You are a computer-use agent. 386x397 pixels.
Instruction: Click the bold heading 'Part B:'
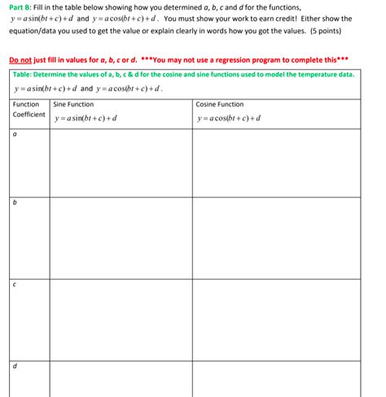pos(20,7)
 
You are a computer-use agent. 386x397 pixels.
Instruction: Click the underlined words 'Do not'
pos(20,60)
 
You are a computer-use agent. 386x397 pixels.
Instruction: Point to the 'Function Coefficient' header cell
pos(29,110)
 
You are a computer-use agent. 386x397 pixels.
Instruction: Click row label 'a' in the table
pos(15,135)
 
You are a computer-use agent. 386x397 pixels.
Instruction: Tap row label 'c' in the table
pos(15,286)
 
